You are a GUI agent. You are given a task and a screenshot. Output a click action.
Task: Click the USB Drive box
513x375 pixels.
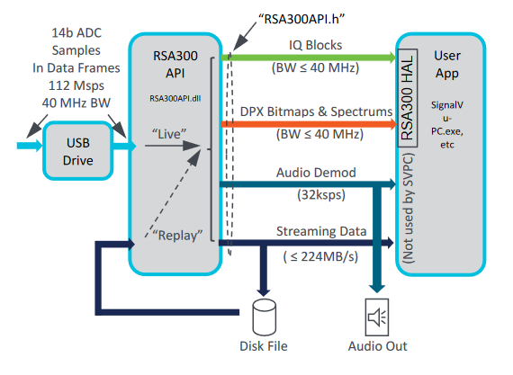click(78, 151)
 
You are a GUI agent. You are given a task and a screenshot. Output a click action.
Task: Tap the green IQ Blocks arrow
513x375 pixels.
click(309, 58)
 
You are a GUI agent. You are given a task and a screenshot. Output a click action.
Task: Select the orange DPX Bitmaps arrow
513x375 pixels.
click(309, 124)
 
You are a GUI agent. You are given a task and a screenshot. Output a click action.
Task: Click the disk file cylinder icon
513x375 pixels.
click(264, 317)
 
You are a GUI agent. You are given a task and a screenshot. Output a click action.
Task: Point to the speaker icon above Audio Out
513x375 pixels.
click(377, 317)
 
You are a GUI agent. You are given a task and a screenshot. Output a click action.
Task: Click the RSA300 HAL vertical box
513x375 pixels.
click(407, 98)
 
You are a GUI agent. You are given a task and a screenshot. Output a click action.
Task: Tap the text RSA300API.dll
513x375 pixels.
click(175, 98)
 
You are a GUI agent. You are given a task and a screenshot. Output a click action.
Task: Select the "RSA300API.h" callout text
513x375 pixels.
click(301, 19)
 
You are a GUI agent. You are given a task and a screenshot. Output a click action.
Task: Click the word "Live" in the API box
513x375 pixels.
click(169, 134)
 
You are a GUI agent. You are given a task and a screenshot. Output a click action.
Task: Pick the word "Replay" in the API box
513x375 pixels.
click(177, 235)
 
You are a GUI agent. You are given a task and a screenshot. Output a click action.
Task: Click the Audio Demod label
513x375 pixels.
click(316, 173)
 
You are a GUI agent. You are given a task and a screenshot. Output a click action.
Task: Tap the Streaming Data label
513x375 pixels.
click(321, 231)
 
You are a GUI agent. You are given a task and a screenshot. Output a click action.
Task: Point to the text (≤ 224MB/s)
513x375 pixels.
click(320, 256)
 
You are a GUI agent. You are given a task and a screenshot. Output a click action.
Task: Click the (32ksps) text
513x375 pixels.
click(321, 195)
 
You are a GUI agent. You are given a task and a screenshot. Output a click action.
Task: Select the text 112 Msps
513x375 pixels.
click(76, 85)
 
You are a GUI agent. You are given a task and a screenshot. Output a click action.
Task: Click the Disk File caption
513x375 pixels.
click(264, 346)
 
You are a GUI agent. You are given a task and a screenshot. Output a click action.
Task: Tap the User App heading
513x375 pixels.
click(447, 65)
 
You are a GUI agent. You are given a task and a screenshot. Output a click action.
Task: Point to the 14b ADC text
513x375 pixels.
click(76, 32)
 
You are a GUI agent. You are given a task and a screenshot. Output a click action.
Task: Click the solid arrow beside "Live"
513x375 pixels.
click(173, 146)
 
